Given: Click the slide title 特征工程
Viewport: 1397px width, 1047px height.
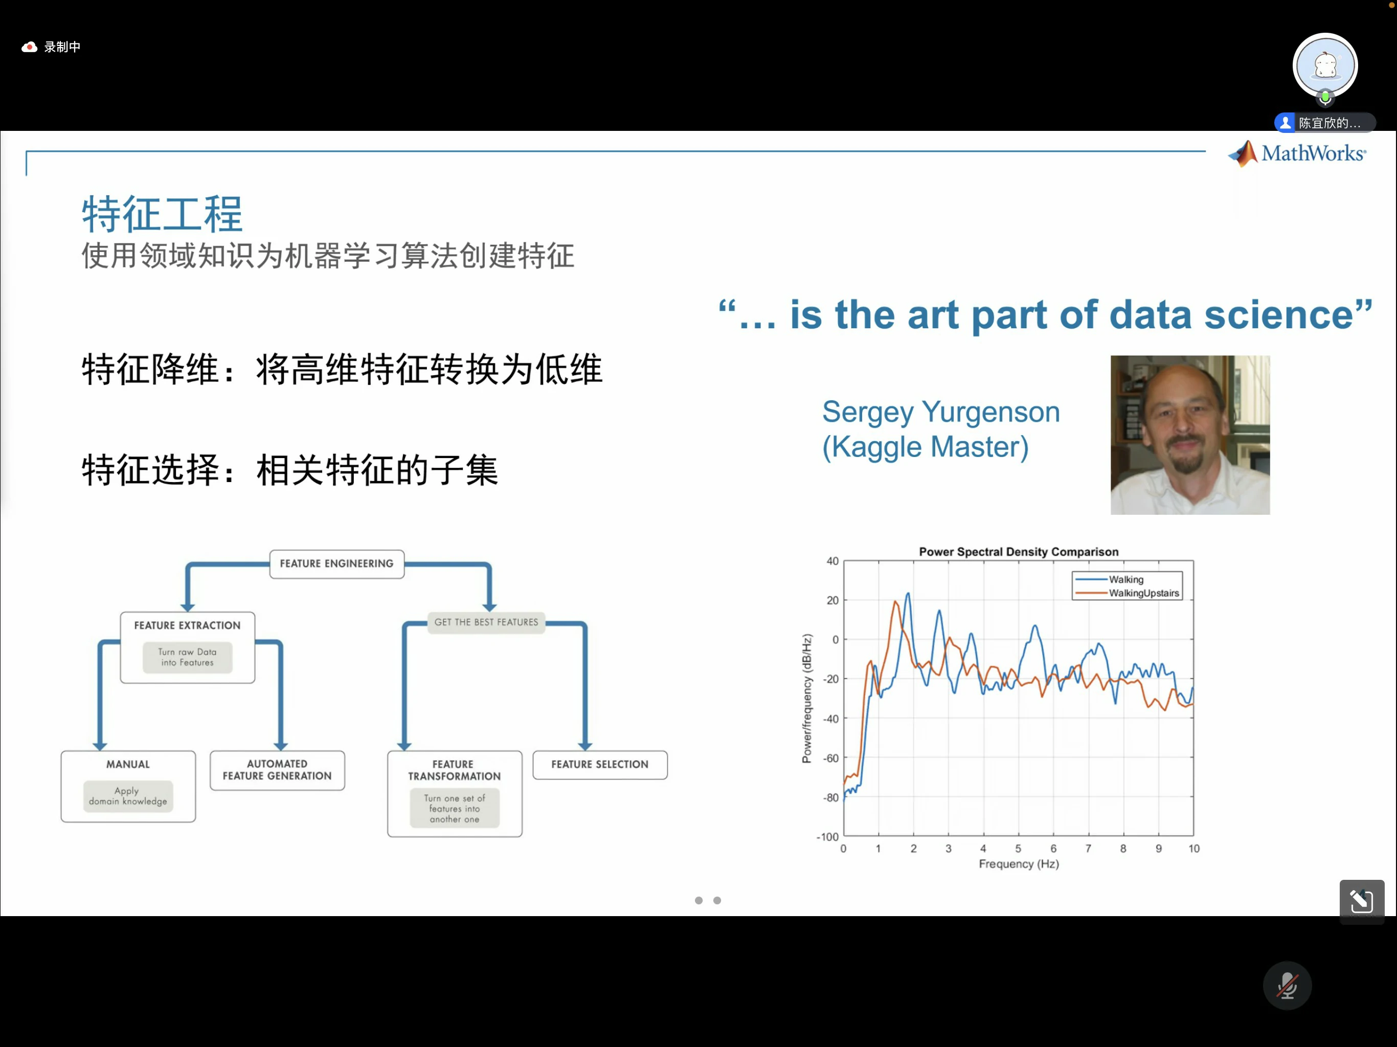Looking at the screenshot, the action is click(x=162, y=214).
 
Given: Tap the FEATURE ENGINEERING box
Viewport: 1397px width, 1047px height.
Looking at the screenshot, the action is click(x=336, y=563).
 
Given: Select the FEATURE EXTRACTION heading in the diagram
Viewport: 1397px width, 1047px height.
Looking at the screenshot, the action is click(x=187, y=625).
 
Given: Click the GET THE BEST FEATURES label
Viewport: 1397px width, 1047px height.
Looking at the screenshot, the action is click(x=486, y=622).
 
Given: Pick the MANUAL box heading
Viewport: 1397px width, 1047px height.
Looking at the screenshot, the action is click(x=128, y=764).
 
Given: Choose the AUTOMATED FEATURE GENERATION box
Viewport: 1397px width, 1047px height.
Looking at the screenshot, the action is click(x=277, y=770).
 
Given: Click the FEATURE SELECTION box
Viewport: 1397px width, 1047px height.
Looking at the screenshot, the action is click(x=600, y=764).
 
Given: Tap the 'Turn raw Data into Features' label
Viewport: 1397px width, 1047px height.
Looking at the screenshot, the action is click(x=188, y=657).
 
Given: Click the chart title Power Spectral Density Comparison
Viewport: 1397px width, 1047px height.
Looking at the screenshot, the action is click(x=1019, y=551).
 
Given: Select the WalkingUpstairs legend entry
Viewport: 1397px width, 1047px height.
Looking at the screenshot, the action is click(x=1128, y=593).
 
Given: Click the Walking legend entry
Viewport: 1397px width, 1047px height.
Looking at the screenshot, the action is click(x=1110, y=579).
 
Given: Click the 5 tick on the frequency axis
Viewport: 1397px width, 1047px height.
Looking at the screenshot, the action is click(x=1018, y=848).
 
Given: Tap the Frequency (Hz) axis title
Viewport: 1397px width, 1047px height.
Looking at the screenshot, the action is click(x=1019, y=863).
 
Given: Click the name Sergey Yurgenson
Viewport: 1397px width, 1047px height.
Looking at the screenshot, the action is click(x=941, y=412).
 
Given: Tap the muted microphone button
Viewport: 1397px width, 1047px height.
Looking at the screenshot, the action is click(x=1287, y=985).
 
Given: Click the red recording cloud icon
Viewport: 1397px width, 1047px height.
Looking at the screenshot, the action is click(x=29, y=47).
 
